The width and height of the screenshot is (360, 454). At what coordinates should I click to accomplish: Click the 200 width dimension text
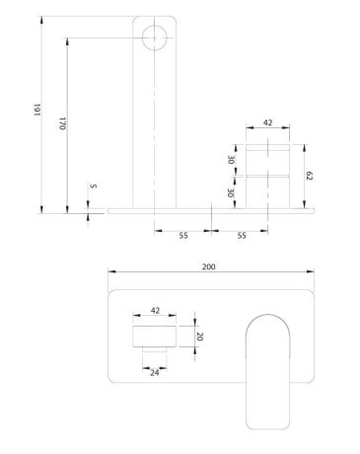click(209, 266)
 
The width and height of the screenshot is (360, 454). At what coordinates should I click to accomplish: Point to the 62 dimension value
click(308, 176)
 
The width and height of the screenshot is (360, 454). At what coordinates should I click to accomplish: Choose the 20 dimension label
click(200, 335)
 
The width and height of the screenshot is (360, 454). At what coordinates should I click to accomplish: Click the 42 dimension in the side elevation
click(267, 123)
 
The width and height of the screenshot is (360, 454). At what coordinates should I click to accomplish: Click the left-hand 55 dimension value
click(183, 237)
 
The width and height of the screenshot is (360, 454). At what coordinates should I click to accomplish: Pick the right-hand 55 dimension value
click(242, 237)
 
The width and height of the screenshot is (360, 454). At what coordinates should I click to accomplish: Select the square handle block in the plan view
click(154, 335)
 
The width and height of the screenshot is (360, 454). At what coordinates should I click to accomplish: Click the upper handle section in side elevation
click(267, 159)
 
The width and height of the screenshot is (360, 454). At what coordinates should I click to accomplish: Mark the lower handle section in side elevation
click(267, 192)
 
